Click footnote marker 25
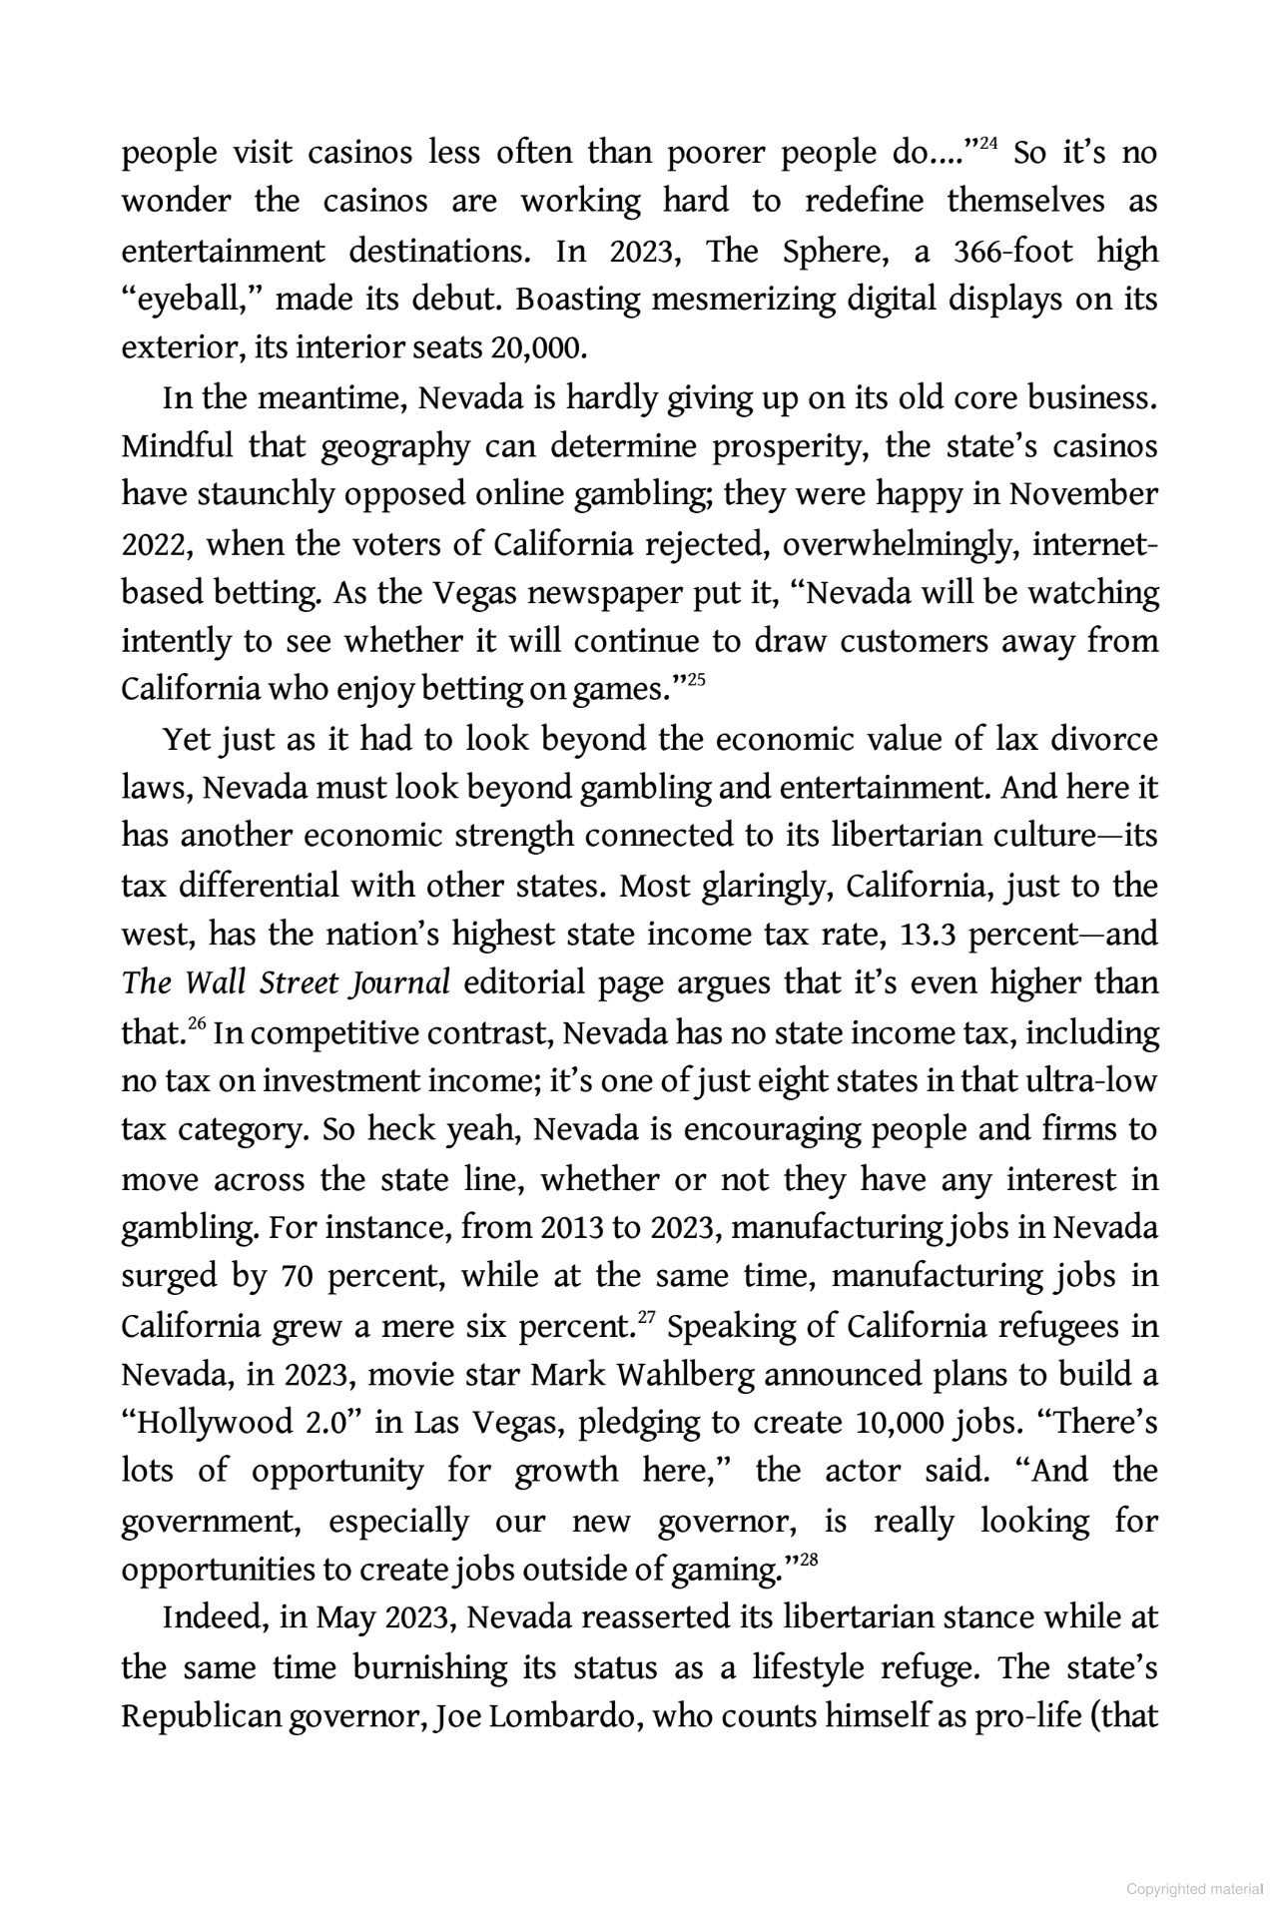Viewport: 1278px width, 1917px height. click(697, 681)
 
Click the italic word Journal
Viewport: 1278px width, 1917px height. click(398, 983)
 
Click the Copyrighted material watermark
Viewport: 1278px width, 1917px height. click(1195, 1889)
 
